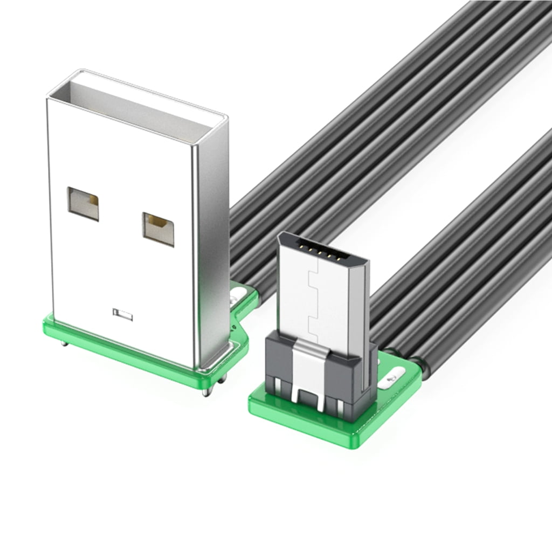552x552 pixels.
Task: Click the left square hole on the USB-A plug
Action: (x=83, y=203)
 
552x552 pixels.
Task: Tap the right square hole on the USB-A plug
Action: (x=158, y=229)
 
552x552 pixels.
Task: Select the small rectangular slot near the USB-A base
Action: (x=122, y=314)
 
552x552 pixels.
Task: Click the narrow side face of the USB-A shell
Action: (x=210, y=243)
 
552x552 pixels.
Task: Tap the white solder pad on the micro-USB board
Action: (x=392, y=377)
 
